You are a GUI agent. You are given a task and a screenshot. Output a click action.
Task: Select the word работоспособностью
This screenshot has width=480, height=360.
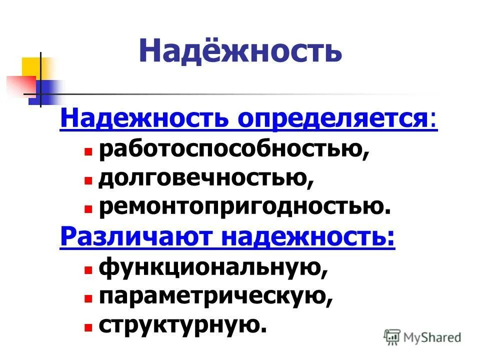click(x=233, y=149)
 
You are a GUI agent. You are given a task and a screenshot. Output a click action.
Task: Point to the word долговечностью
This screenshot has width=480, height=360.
click(x=206, y=178)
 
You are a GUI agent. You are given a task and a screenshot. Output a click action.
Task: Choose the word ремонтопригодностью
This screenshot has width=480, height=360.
click(x=244, y=207)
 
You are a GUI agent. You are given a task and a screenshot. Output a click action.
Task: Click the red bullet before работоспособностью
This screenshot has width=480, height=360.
click(x=88, y=151)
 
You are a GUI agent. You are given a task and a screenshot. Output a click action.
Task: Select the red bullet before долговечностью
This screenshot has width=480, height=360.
click(x=88, y=180)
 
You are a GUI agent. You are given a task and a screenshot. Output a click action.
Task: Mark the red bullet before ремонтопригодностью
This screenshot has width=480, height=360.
click(x=88, y=208)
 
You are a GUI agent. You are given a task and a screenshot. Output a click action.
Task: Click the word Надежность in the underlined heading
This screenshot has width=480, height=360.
click(x=144, y=119)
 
